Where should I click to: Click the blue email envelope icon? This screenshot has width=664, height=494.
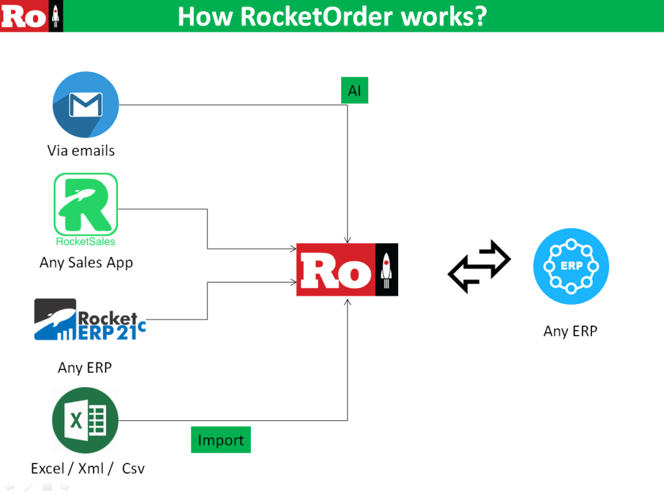coord(86,105)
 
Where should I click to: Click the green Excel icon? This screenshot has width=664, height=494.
coord(85,420)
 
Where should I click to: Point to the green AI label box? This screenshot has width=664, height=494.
coord(355,91)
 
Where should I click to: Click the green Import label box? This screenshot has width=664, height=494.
coord(220,440)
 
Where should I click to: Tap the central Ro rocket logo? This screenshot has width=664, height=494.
coord(347,270)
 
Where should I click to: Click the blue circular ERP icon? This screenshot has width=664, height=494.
coord(571,266)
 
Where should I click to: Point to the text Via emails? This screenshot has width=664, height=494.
coord(81,151)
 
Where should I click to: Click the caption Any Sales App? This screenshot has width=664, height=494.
coord(86,263)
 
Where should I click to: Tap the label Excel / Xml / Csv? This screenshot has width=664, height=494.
coord(88,468)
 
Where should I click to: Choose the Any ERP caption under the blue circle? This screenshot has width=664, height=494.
coord(571,331)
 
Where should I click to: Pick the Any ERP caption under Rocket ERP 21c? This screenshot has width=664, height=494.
coord(85,368)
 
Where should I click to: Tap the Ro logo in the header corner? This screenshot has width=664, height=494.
coord(32,16)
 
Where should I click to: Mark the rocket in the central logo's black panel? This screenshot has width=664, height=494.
coord(387,270)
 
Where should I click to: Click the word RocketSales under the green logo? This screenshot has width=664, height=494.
coord(86,242)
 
